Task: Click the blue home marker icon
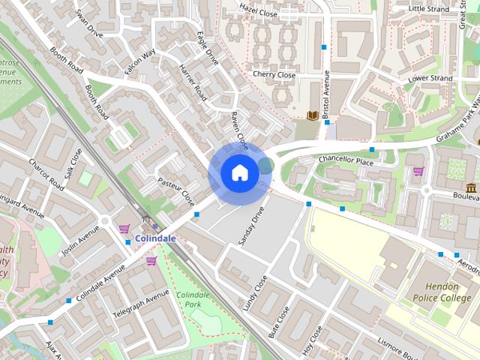pos(239,172)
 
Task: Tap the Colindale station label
pos(155,238)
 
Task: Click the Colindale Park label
pos(193,300)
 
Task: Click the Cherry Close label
pos(274,75)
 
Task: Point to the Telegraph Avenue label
pos(140,304)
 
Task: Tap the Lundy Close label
pos(255,292)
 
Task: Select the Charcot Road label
pos(46,173)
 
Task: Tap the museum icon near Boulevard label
pos(471,187)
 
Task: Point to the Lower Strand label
pos(430,78)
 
